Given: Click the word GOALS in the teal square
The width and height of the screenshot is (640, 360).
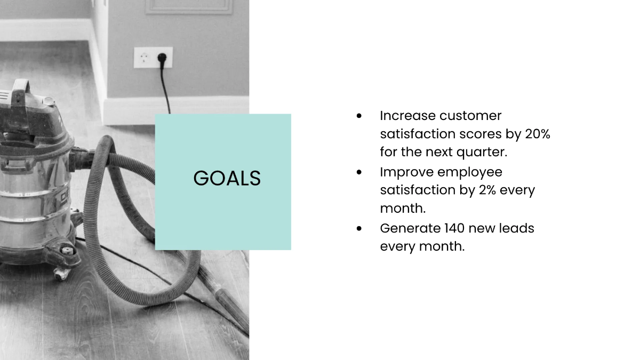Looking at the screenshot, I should coord(227,179).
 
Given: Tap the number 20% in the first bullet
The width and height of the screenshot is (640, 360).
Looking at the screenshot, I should coord(537,134).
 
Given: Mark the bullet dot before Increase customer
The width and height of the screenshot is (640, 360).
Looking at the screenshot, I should coord(359,116).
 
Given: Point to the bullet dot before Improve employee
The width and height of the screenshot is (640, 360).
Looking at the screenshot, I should coord(359,172).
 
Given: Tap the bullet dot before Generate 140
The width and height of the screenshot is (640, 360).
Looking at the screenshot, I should coord(359,228).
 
